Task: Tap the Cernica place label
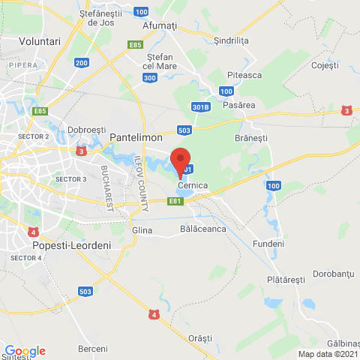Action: pos(193,184)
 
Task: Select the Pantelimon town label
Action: pos(137,137)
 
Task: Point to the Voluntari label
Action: pos(39,41)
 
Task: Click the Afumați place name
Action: pos(160,25)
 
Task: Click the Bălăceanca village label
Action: pos(203,229)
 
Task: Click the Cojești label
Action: pos(324,66)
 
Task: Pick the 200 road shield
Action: pos(82,63)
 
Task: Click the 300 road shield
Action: pos(149,77)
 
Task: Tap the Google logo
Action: pos(24,350)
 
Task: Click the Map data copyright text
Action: pos(328,354)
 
